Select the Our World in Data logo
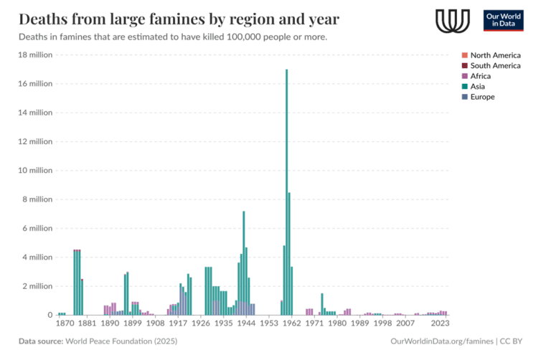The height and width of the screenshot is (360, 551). [x=503, y=20]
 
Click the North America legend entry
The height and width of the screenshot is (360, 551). [x=495, y=55]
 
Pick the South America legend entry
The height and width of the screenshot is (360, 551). [x=495, y=66]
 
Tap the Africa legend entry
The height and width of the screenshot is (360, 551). [x=481, y=76]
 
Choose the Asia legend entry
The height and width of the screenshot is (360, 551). [x=478, y=87]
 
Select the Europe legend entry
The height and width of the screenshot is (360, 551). [x=482, y=97]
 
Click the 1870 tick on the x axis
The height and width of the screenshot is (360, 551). [x=64, y=324]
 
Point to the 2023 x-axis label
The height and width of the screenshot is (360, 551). [x=441, y=324]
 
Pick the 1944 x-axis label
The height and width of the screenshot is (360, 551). [x=247, y=324]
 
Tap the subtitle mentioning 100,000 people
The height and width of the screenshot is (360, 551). [x=172, y=37]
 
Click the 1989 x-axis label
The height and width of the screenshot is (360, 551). [x=358, y=324]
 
